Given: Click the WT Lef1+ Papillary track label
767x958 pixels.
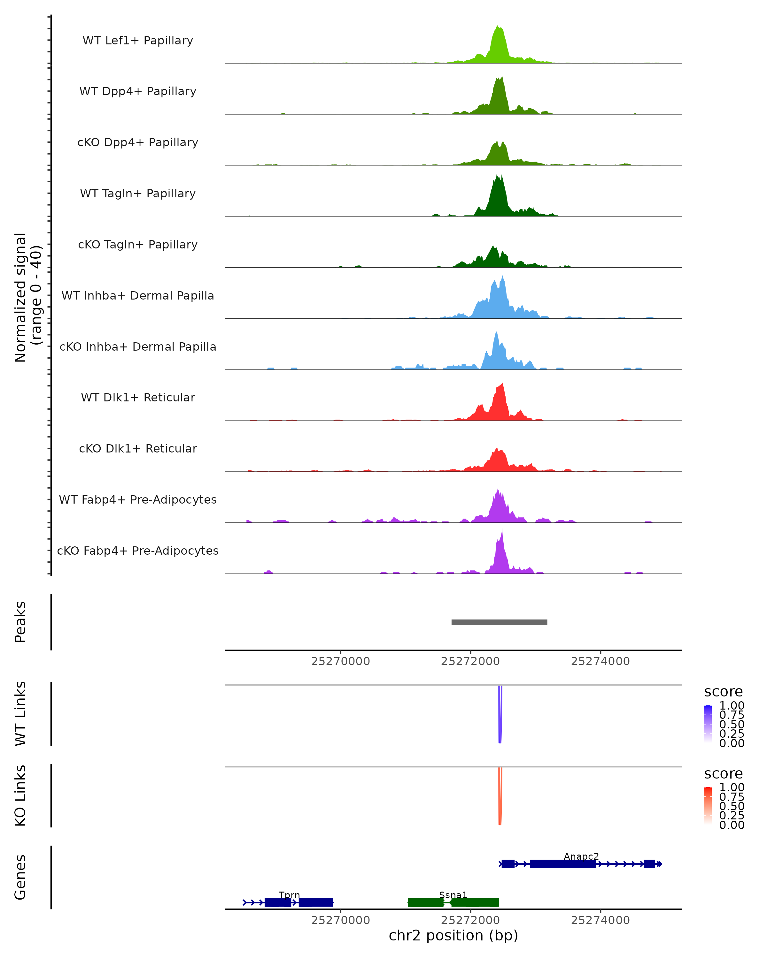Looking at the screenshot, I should (138, 41).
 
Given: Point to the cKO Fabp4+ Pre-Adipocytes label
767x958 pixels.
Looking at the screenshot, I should (138, 551).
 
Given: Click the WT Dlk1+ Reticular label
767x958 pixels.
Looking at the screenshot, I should (138, 397).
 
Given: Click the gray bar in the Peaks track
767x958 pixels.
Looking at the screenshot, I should (499, 622).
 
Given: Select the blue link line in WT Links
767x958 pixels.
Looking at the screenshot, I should (500, 715).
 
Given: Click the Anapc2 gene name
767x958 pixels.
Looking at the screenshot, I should (581, 857).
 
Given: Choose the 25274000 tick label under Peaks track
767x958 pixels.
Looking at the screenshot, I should (600, 661).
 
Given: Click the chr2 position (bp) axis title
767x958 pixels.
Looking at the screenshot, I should (453, 936).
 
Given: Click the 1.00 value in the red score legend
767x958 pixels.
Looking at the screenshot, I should (732, 787).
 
